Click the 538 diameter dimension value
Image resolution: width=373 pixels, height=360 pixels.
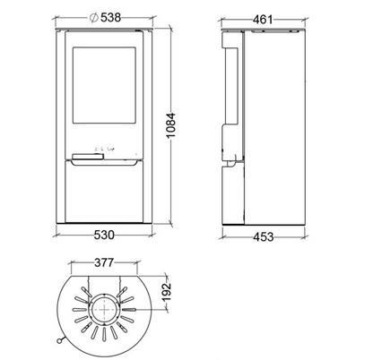click(x=110, y=17)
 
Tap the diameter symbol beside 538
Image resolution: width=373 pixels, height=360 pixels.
click(x=93, y=18)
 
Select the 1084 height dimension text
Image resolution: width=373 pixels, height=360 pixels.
click(x=171, y=125)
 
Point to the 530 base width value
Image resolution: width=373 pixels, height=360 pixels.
click(x=104, y=235)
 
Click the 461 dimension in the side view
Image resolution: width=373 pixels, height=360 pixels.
click(x=263, y=20)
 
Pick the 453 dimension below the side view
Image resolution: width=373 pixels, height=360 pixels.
click(x=264, y=236)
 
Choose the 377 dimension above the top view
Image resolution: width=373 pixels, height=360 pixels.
click(x=104, y=262)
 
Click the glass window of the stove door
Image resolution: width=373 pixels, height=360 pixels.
click(x=104, y=85)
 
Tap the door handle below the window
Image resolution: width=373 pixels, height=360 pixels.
click(x=88, y=156)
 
